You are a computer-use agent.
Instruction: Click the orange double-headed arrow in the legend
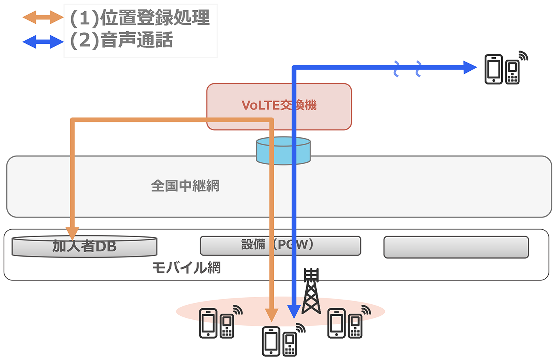[x=43, y=17]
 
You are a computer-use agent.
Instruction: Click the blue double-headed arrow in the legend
[x=43, y=41]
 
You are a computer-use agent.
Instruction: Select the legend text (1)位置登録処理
[x=140, y=18]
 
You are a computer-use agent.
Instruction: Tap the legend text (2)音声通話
[x=122, y=41]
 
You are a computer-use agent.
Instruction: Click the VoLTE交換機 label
[x=279, y=105]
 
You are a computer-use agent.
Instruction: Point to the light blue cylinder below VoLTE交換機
[x=283, y=150]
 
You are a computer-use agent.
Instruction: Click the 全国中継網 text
[x=185, y=186]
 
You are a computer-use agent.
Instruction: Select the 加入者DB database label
[x=85, y=246]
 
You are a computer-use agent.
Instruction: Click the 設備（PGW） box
[x=280, y=246]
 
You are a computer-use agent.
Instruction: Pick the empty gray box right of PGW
[x=456, y=247]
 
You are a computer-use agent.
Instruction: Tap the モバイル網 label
[x=186, y=268]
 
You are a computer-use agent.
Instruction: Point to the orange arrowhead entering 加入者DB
[x=72, y=232]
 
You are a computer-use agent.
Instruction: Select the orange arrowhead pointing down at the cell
[x=271, y=315]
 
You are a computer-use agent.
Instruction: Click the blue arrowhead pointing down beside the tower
[x=294, y=312]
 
